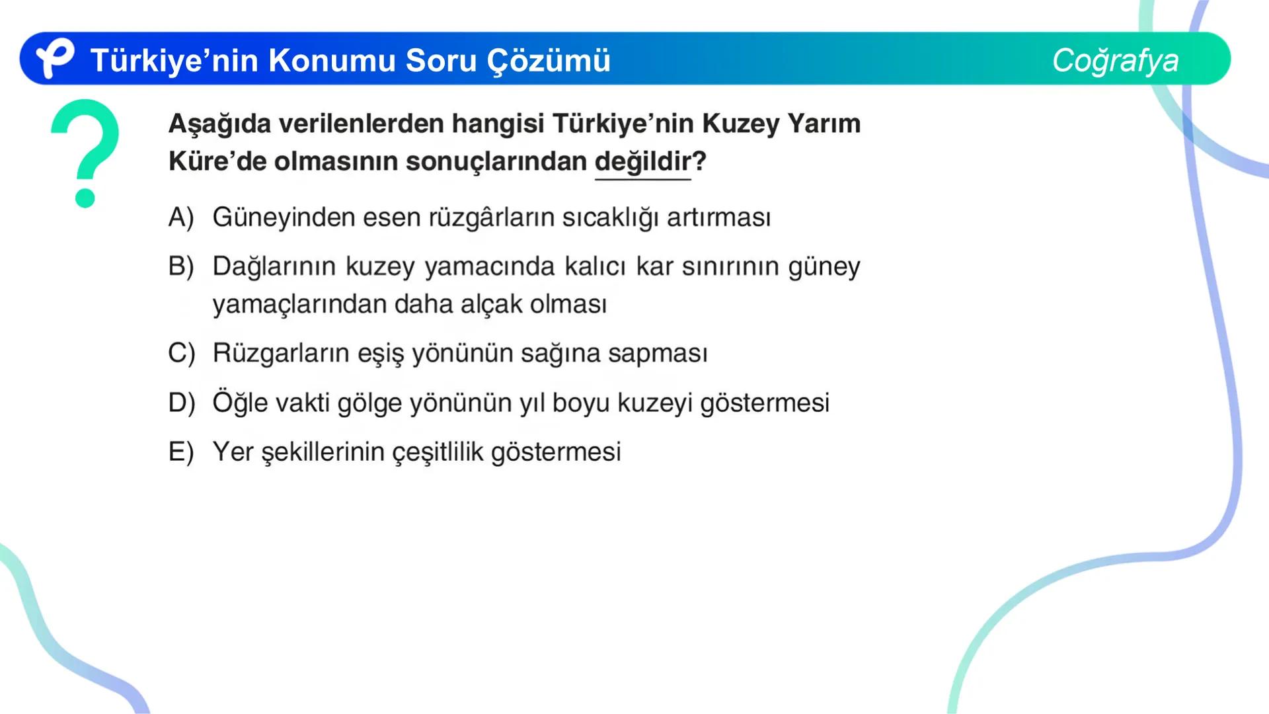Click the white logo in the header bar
click(54, 58)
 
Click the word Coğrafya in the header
click(1115, 60)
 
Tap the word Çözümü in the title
click(549, 60)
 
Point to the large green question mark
click(86, 152)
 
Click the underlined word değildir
click(642, 161)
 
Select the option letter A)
click(181, 218)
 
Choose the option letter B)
click(181, 266)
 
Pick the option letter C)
click(181, 353)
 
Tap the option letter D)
click(181, 403)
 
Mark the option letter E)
click(181, 452)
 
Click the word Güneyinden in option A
click(284, 218)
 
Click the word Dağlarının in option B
click(274, 266)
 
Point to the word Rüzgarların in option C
click(281, 353)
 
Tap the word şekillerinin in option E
click(323, 453)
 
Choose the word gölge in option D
click(369, 403)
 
